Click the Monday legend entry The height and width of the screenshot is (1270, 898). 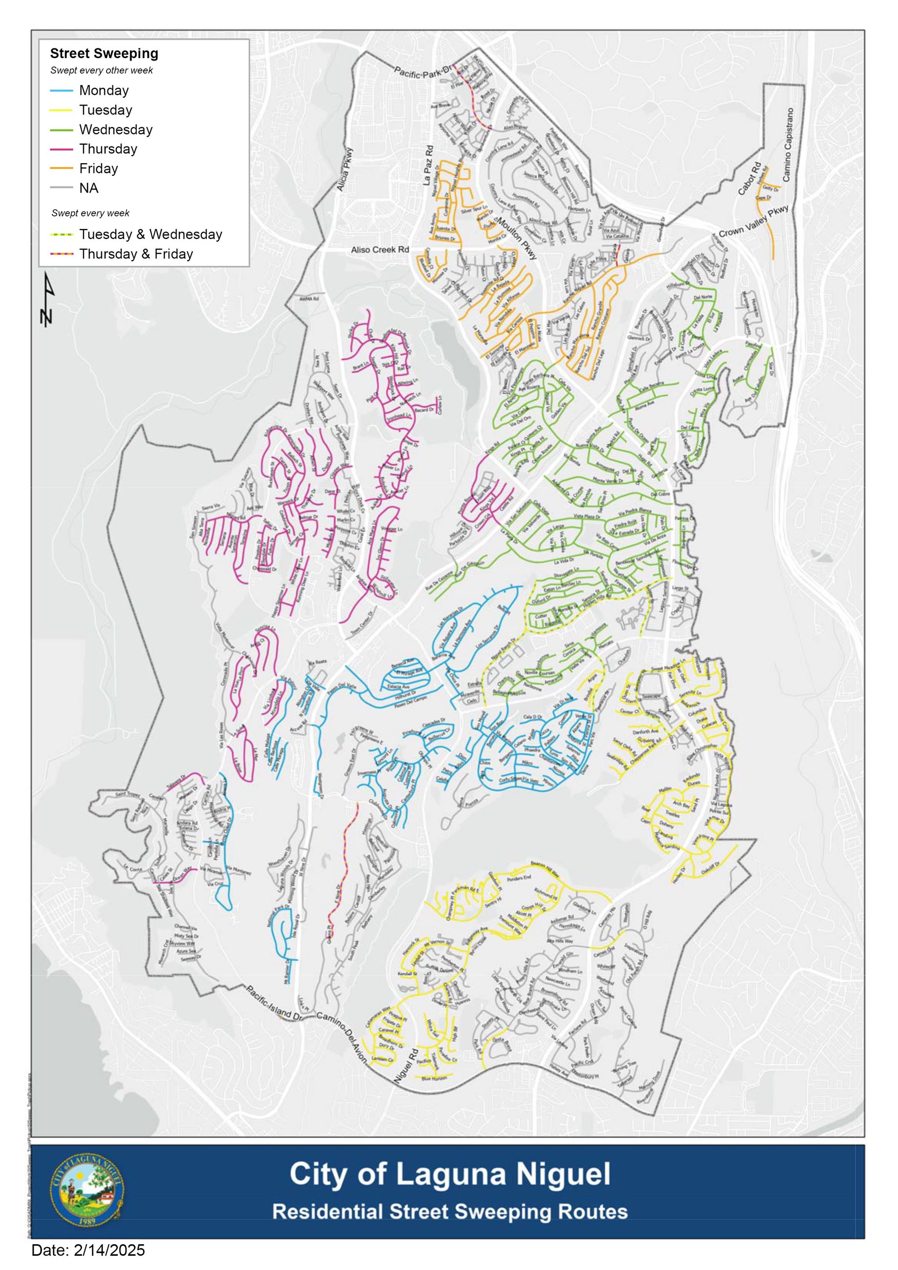click(104, 90)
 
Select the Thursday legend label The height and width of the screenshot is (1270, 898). click(108, 149)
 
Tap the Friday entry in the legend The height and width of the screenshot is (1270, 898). click(99, 168)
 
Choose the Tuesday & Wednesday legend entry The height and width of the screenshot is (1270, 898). click(150, 234)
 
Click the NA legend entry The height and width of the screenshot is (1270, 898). click(88, 188)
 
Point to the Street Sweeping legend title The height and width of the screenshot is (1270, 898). click(104, 54)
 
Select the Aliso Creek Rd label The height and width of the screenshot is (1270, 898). click(380, 250)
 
